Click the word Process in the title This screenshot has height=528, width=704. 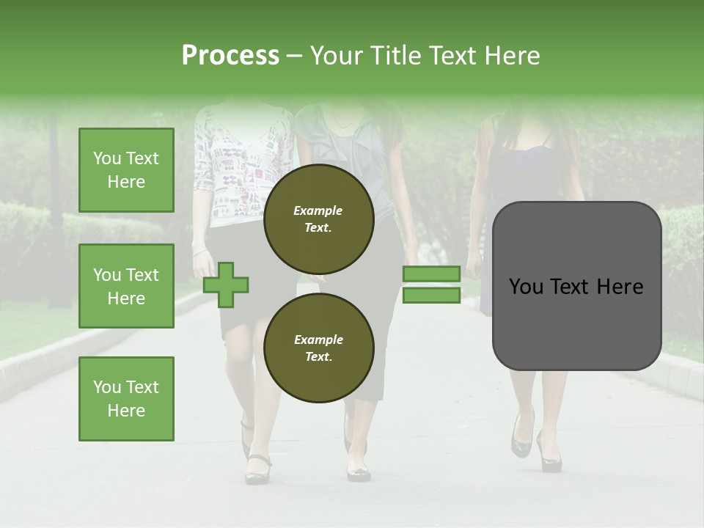(x=230, y=56)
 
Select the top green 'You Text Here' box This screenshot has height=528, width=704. (x=126, y=170)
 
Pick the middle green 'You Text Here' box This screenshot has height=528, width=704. (x=126, y=286)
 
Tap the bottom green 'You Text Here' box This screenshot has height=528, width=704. (x=126, y=398)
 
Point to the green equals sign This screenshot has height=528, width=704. (x=431, y=285)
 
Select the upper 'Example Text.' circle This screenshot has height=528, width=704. (x=318, y=219)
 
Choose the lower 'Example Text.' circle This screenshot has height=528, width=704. (x=318, y=348)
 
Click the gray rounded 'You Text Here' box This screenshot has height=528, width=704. (x=576, y=286)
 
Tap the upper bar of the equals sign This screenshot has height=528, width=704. (x=431, y=274)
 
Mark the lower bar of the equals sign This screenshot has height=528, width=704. (x=431, y=296)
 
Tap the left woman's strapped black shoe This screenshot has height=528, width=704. (x=257, y=469)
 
